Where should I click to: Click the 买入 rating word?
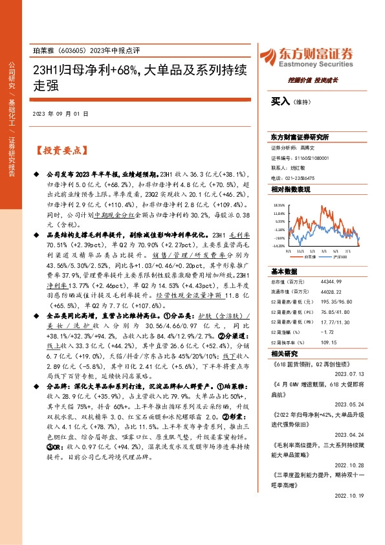[280, 101]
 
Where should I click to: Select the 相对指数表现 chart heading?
[291, 189]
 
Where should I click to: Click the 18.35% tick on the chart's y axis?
[279, 206]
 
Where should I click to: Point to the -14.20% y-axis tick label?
[278, 246]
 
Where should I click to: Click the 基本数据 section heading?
[284, 271]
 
